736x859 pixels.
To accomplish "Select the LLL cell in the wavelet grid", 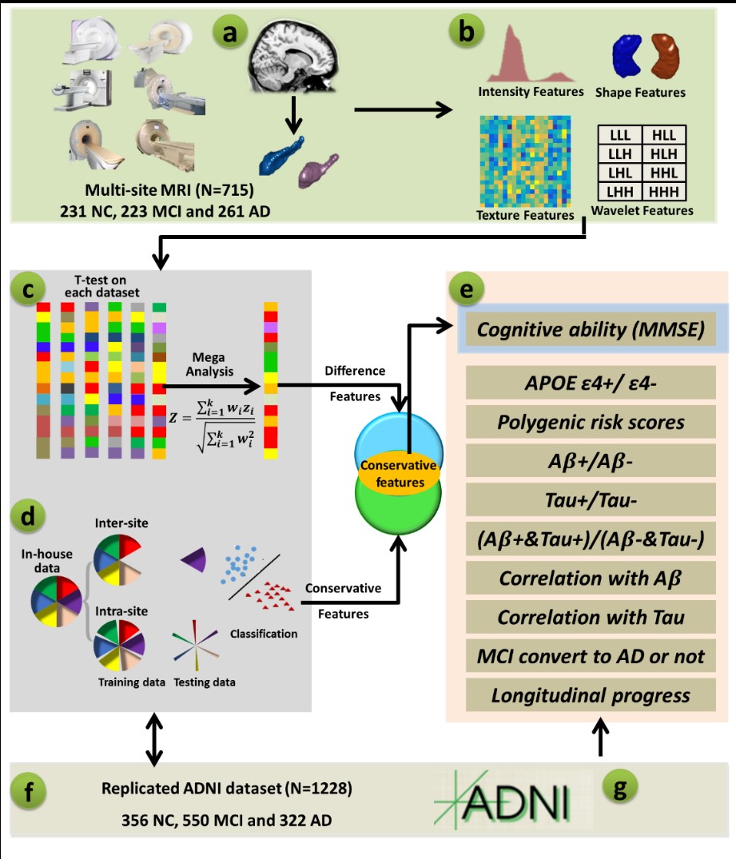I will pyautogui.click(x=619, y=135).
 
